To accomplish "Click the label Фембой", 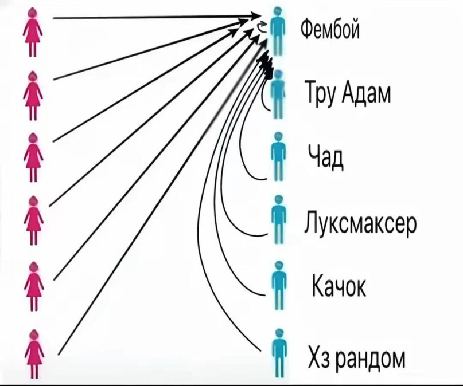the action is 330,30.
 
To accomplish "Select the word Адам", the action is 367,93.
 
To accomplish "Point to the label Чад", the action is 326,156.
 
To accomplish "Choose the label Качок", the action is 339,285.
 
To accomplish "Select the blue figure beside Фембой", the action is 277,32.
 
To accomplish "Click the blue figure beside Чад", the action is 278,156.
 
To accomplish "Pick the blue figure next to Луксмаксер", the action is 278,219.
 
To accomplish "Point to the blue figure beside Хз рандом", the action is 279,353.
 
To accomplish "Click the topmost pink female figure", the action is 33,33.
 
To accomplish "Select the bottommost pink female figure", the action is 34,353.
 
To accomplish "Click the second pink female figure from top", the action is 33,96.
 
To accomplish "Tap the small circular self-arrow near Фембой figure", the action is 261,27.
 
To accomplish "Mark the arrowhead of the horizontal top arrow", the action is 256,15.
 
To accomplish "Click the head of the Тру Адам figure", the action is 278,74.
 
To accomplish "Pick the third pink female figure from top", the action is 34,157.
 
